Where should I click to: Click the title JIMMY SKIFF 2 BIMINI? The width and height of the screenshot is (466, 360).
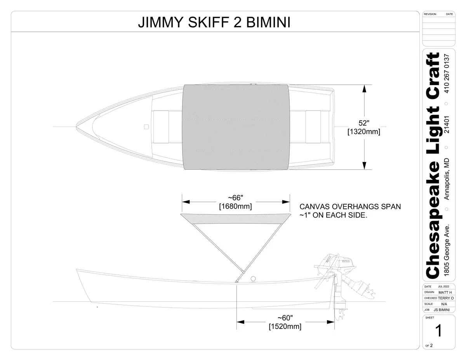coord(214,22)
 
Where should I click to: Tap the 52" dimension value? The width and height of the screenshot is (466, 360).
coord(364,123)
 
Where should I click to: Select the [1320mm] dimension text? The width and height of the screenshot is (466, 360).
coord(364,131)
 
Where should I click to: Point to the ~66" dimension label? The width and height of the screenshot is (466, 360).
coord(235,198)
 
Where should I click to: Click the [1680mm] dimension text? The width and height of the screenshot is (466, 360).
coord(235,206)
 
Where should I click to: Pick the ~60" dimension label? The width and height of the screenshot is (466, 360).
coord(285,318)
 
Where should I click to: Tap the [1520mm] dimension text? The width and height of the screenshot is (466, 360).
coord(285,326)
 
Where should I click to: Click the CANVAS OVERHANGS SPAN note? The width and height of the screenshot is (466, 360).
coord(350,207)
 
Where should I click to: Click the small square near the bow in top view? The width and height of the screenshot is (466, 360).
coord(146,127)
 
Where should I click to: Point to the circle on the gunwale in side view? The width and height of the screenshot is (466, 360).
coord(253,279)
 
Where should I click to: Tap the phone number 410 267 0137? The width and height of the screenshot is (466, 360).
coord(447,73)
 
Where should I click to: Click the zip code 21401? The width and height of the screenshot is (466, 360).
coord(447,125)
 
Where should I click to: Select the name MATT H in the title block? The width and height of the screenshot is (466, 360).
coord(445,292)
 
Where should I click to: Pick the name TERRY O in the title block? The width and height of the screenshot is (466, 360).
coord(446,298)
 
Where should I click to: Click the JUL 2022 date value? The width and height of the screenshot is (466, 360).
coord(443,287)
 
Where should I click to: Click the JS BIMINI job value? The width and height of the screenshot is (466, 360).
coord(442,310)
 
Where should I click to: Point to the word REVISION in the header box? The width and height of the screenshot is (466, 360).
coord(430,14)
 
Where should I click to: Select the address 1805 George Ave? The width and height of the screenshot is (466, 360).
coord(447,250)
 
